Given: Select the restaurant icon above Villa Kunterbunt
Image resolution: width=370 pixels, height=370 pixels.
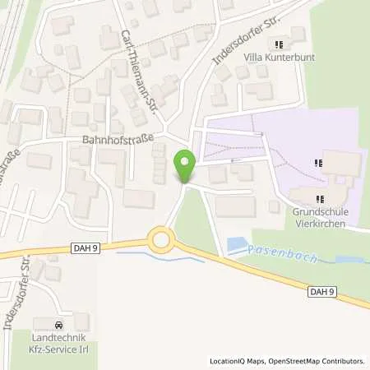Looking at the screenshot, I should point(279,44).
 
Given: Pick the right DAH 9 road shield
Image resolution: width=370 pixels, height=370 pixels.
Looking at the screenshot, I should point(324,290).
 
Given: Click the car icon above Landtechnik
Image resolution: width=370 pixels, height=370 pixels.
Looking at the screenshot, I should point(58,323).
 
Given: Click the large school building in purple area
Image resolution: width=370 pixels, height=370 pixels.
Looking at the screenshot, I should point(339,162).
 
